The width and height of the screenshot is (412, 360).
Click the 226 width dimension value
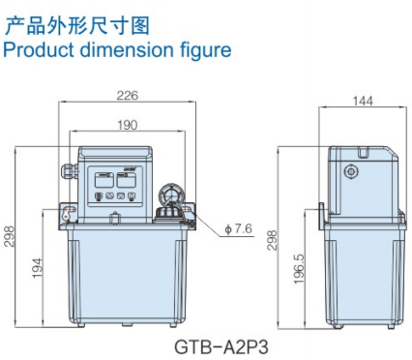127,95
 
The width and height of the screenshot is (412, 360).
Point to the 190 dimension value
127,125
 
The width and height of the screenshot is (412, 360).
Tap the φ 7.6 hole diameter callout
238,229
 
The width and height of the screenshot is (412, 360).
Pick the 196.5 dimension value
299,270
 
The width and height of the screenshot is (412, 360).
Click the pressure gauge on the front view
166,194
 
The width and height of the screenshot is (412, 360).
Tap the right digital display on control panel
129,177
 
